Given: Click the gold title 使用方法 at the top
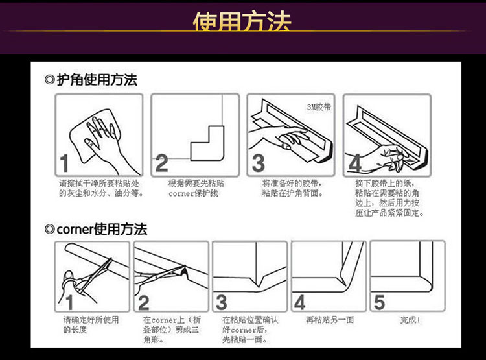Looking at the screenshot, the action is [x=242, y=21].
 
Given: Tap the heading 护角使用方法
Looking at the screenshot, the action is [x=97, y=80].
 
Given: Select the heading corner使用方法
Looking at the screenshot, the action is [x=102, y=230].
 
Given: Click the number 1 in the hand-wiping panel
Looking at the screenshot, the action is [x=64, y=163].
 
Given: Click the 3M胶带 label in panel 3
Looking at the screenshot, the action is [x=319, y=107].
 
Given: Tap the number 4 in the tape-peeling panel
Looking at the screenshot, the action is [x=355, y=163].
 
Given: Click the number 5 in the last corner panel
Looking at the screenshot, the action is [x=379, y=302].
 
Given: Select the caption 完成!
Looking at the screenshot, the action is [x=410, y=320].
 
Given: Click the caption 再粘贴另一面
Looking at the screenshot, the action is [x=330, y=320].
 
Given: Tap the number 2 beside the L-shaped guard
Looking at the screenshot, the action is [x=161, y=163].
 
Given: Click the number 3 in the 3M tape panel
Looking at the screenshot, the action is [x=258, y=163].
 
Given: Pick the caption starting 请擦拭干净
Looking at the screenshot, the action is [x=101, y=188].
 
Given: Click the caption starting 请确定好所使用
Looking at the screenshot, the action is [x=91, y=324].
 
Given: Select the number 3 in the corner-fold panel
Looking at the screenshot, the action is [x=222, y=302].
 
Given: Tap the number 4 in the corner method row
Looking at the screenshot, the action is [x=300, y=302].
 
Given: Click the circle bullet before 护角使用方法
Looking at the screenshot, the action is [x=49, y=80].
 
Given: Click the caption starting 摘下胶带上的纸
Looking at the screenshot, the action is [x=389, y=198].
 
